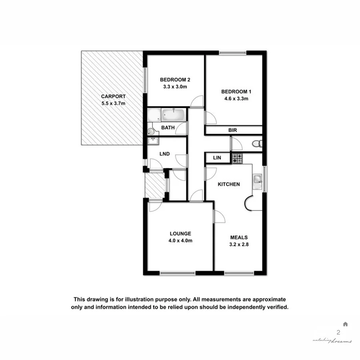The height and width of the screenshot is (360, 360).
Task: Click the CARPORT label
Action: click(113, 96)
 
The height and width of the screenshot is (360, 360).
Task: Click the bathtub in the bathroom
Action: click(174, 115)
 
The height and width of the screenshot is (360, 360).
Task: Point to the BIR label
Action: click(233, 130)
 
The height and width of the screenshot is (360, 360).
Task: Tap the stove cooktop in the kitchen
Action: click(237, 158)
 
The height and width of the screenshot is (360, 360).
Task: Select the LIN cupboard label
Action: click(217, 158)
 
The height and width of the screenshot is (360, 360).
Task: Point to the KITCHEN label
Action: click(228, 184)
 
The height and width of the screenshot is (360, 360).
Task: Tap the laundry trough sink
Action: click(153, 140)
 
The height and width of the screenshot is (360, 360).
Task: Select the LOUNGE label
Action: click(180, 234)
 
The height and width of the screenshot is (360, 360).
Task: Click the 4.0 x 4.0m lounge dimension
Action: click(180, 241)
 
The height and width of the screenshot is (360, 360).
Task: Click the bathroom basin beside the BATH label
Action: click(150, 131)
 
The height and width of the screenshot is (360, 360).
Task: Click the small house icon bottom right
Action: click(345, 324)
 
